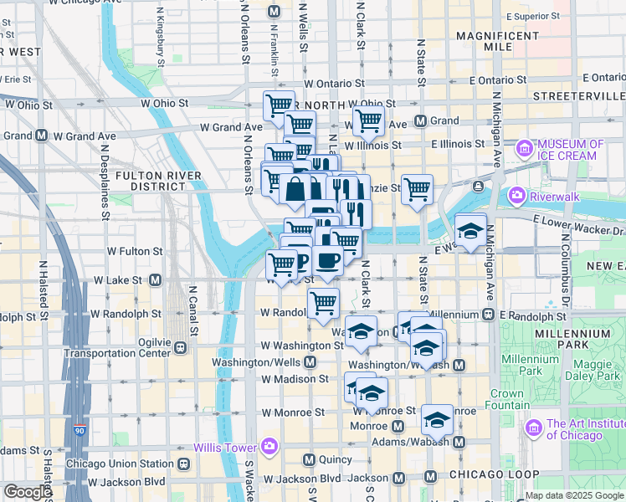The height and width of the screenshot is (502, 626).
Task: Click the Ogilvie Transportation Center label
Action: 119,346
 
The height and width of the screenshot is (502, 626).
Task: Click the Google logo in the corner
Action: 28,492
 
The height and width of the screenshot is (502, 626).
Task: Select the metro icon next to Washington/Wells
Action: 310,362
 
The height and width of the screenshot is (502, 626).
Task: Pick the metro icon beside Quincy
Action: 309,459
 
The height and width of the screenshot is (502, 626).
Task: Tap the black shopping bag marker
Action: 295,190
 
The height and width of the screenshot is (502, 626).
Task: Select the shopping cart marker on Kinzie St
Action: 417,189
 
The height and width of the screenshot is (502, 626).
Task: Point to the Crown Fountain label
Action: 506,399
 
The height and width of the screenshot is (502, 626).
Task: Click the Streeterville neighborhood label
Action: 586,97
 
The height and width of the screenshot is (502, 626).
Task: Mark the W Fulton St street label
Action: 134,251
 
